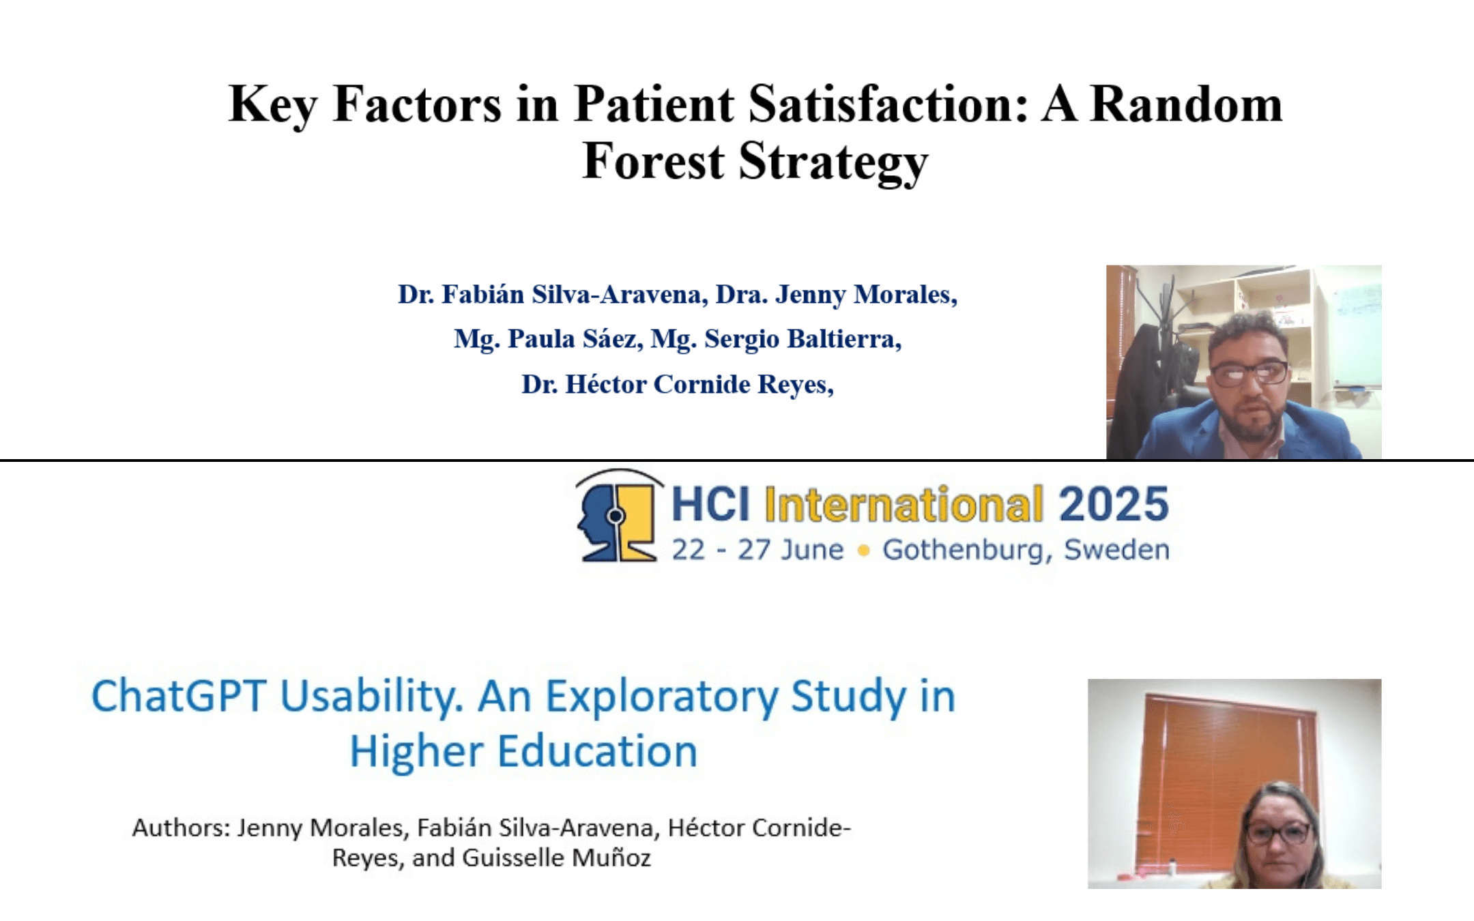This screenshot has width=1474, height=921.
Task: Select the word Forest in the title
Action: (x=653, y=162)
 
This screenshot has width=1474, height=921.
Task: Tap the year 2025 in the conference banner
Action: (x=1114, y=504)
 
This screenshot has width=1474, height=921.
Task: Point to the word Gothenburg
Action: (x=963, y=550)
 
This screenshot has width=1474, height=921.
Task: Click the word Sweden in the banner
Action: (x=1116, y=549)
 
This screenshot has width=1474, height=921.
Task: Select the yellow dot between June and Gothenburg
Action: (x=863, y=551)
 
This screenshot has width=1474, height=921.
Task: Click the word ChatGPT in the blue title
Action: (x=179, y=697)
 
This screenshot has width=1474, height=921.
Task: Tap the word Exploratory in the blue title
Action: (x=662, y=698)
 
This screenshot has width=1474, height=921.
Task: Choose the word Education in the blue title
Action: (x=597, y=751)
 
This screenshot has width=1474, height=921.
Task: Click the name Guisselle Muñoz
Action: (x=557, y=858)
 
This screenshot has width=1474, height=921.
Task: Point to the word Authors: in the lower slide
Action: (x=181, y=828)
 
